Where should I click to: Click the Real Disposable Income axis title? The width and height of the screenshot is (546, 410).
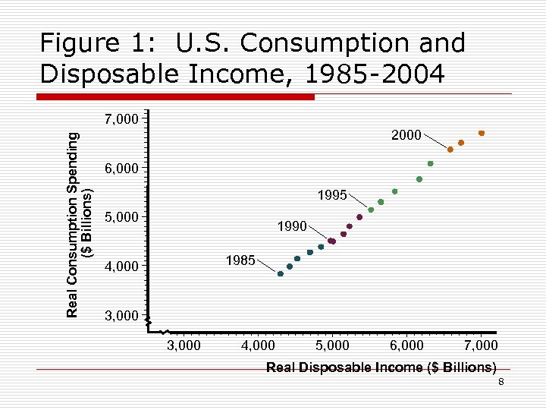381,367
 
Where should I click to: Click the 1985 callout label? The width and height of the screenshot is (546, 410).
240,260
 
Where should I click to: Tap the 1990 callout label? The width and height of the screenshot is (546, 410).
292,226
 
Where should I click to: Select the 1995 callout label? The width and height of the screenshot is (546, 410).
332,195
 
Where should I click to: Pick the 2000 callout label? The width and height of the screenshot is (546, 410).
406,135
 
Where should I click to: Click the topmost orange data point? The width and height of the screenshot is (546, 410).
482,133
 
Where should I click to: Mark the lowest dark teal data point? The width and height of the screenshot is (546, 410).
281,274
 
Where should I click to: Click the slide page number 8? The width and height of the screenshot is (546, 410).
500,382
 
